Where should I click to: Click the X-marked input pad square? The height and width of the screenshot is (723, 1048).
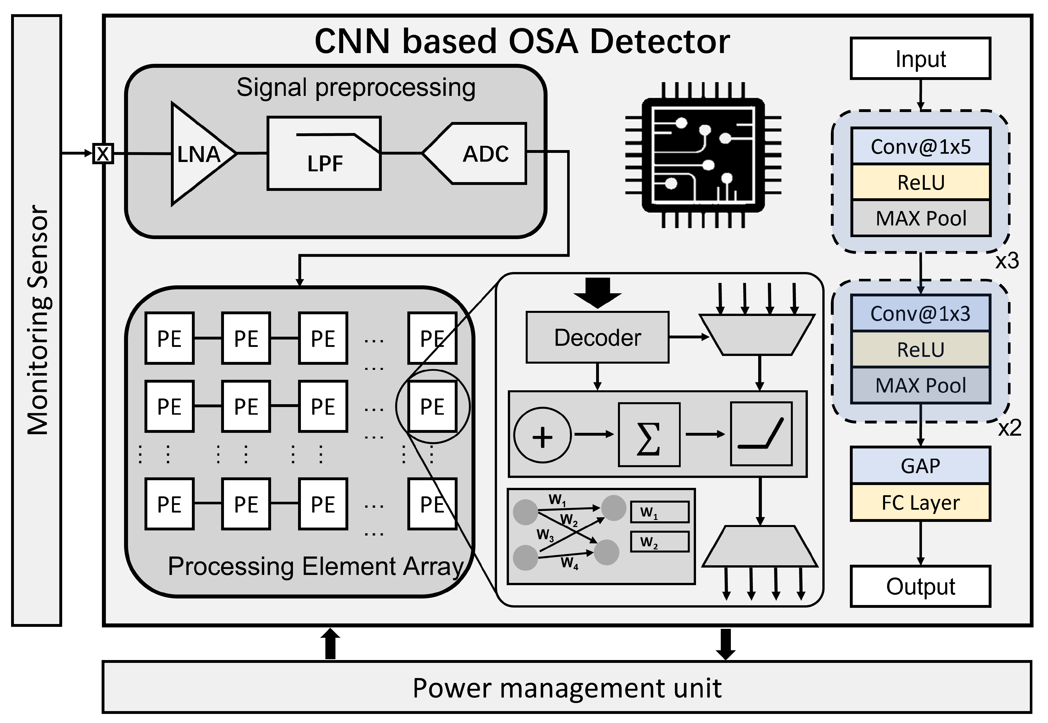point(103,153)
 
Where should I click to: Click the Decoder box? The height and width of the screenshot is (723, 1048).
point(598,338)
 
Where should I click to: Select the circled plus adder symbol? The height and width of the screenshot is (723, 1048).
point(542,435)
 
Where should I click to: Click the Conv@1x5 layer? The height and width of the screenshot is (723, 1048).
point(920,147)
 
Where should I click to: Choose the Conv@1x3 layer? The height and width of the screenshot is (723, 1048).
point(920,313)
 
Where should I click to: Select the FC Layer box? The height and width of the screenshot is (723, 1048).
point(920,502)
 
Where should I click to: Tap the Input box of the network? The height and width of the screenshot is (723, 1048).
point(920,59)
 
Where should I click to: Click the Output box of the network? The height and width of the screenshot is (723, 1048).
point(920,586)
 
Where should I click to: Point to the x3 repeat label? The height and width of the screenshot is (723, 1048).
point(1007,261)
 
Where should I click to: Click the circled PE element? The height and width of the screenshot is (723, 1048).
point(432,406)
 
